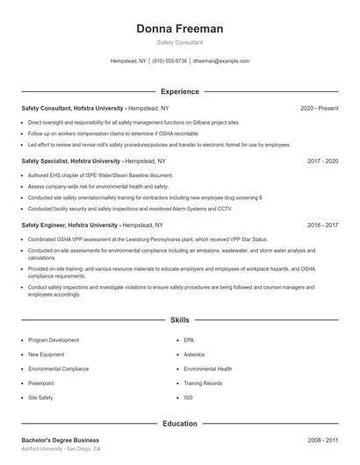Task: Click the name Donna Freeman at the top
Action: [x=179, y=29]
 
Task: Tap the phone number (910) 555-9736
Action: [x=169, y=61]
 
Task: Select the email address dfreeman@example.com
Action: [x=220, y=61]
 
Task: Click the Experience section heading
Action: [x=179, y=91]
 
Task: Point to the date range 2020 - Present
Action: [x=319, y=108]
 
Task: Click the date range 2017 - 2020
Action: [x=322, y=161]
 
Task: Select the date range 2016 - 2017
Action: [x=322, y=225]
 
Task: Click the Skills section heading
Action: [x=179, y=321]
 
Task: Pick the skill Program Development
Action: [x=53, y=340]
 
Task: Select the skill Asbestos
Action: [x=195, y=354]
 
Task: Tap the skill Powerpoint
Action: [x=41, y=383]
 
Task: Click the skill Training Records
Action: [x=203, y=383]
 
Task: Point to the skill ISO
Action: [x=188, y=397]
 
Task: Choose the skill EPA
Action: [x=189, y=340]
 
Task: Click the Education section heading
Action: [x=179, y=424]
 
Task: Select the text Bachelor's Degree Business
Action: [x=60, y=440]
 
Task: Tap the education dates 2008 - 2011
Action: [x=322, y=440]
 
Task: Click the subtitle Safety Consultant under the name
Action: [x=179, y=42]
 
